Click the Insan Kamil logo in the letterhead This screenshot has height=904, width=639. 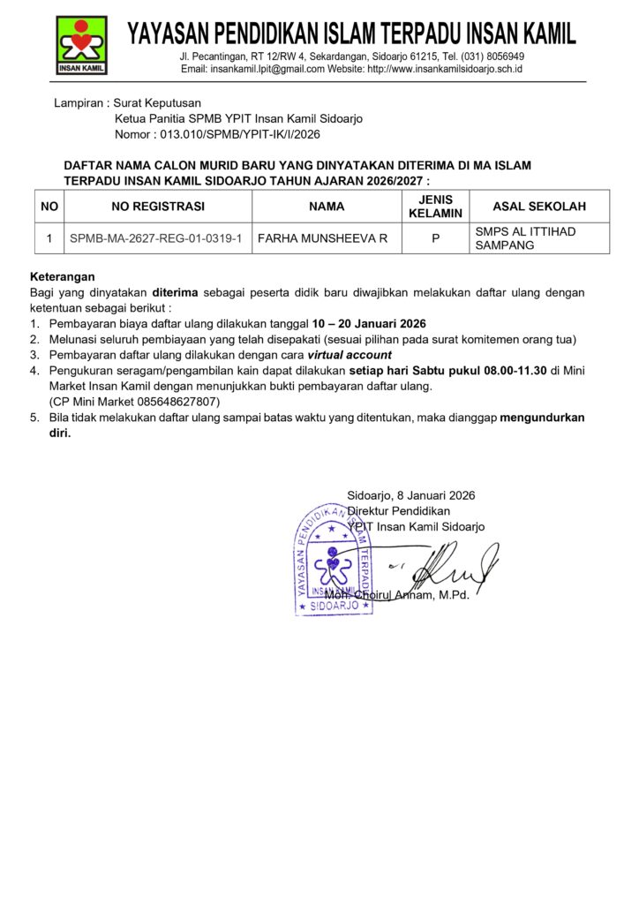pyautogui.click(x=81, y=45)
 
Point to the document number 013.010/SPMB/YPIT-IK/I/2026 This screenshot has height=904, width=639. pyautogui.click(x=237, y=135)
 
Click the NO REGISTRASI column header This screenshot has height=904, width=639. pyautogui.click(x=158, y=207)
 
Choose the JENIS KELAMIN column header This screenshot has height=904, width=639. pyautogui.click(x=435, y=207)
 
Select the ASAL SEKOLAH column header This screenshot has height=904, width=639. pyautogui.click(x=539, y=207)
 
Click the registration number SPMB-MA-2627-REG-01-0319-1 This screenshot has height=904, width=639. pyautogui.click(x=156, y=238)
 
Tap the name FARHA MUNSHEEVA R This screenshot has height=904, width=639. pyautogui.click(x=322, y=238)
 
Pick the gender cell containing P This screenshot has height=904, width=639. pyautogui.click(x=435, y=238)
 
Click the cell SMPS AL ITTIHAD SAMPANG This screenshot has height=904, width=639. pyautogui.click(x=525, y=238)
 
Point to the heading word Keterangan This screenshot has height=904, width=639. pyautogui.click(x=62, y=276)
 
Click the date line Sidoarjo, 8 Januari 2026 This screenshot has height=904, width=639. pyautogui.click(x=410, y=495)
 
